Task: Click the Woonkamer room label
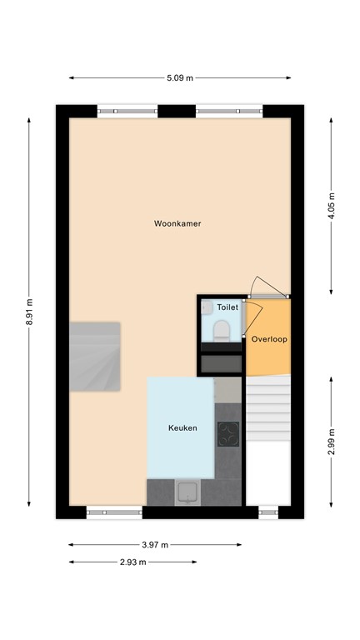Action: [177, 223]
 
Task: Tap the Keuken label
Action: [182, 427]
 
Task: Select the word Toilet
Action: [227, 307]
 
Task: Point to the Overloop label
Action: [269, 340]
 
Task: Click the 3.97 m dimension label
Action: [154, 545]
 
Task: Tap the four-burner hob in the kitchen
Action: [227, 434]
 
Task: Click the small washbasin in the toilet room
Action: [206, 307]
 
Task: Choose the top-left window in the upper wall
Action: [127, 110]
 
